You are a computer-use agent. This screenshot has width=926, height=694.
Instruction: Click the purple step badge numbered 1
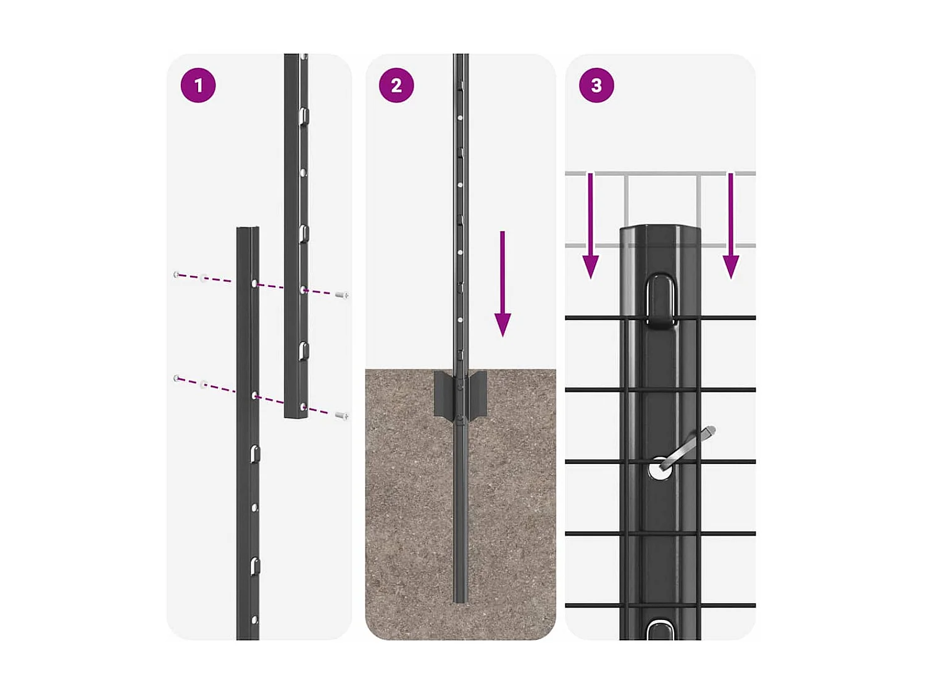click(x=198, y=85)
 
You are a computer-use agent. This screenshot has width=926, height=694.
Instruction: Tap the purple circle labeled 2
click(x=396, y=85)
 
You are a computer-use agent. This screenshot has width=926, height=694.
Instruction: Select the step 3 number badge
click(x=596, y=85)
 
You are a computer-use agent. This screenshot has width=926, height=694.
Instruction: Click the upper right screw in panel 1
click(x=342, y=295)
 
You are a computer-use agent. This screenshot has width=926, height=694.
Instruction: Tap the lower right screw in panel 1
click(x=341, y=416)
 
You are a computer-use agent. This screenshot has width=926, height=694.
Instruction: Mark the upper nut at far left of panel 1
click(x=177, y=275)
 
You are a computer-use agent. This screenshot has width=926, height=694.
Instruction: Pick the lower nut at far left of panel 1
click(x=177, y=378)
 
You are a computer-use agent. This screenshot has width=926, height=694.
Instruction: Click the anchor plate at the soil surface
click(x=460, y=395)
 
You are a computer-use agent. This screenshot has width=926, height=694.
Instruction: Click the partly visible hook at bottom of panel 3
click(x=660, y=630)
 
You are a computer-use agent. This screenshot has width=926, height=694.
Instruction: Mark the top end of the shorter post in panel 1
click(x=248, y=229)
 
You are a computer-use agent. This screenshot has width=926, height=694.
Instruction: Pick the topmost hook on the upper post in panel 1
click(x=304, y=115)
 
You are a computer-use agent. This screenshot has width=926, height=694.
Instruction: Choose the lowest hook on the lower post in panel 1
click(x=254, y=566)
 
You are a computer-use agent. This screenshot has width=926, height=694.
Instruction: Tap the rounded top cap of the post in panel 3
click(x=660, y=231)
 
